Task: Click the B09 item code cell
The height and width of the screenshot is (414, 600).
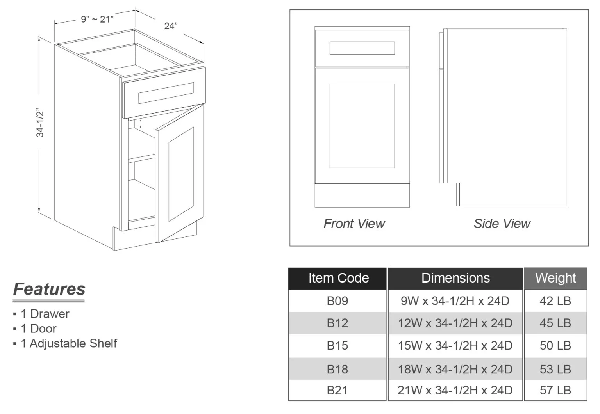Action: (337, 301)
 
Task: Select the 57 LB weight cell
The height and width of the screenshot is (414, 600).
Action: (555, 390)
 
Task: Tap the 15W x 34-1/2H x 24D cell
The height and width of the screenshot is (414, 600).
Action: (455, 346)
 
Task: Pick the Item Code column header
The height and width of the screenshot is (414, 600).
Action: (338, 278)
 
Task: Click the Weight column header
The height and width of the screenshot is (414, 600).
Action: (555, 278)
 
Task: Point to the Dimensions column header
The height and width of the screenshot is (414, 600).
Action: (455, 278)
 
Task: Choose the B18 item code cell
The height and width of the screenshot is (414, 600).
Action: (337, 369)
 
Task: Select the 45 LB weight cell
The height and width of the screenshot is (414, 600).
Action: (555, 323)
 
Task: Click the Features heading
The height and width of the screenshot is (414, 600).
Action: (49, 289)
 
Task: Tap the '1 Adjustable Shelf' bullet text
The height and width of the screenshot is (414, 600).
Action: (69, 343)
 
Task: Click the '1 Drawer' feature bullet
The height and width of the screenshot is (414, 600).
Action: (45, 314)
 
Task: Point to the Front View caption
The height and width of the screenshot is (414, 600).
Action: (354, 224)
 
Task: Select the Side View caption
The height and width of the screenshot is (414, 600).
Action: (502, 224)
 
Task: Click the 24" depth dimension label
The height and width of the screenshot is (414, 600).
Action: (171, 26)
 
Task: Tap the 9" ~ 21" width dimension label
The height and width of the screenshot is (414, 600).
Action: (97, 19)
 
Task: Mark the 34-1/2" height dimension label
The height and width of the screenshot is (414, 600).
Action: (40, 123)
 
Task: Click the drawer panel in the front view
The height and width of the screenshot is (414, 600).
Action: (362, 48)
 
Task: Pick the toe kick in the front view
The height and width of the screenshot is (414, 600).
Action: (362, 195)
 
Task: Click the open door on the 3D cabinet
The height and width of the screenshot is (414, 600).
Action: (180, 174)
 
